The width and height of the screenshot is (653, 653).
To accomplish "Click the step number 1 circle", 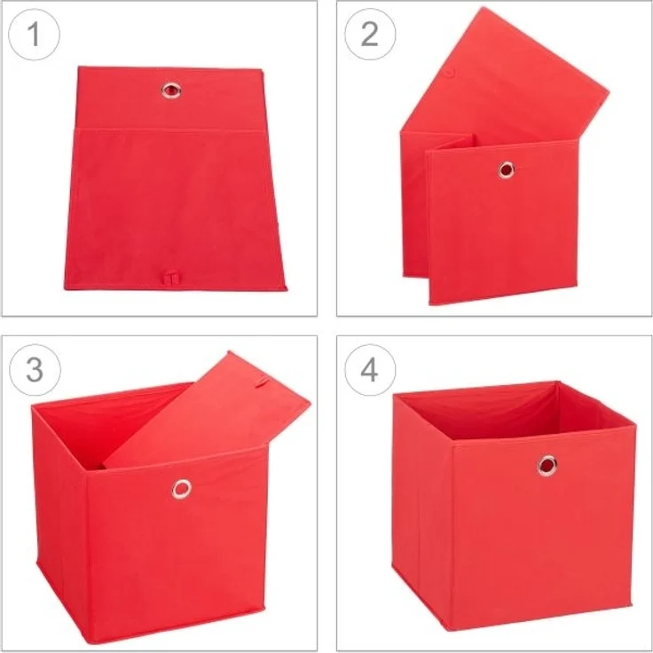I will pyautogui.click(x=34, y=35).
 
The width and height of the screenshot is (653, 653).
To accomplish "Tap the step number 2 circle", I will pyautogui.click(x=369, y=35).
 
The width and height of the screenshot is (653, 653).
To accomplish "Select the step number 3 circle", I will pyautogui.click(x=34, y=369).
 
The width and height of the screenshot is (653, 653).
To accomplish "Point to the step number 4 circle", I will pyautogui.click(x=369, y=369).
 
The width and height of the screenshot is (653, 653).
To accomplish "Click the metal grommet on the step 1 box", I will pyautogui.click(x=170, y=90).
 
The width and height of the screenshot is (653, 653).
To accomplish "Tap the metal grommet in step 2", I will pyautogui.click(x=506, y=169).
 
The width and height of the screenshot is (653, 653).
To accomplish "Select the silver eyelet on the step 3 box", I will pyautogui.click(x=182, y=488).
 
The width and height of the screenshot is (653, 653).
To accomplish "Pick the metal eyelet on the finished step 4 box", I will pyautogui.click(x=547, y=464).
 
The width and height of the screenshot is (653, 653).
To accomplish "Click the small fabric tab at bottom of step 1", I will pyautogui.click(x=169, y=277).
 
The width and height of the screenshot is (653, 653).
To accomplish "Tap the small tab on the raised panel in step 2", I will pyautogui.click(x=449, y=72).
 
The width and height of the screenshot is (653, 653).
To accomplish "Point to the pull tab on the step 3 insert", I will pyautogui.click(x=260, y=384).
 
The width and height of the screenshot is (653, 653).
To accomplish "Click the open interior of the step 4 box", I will pyautogui.click(x=506, y=413).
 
